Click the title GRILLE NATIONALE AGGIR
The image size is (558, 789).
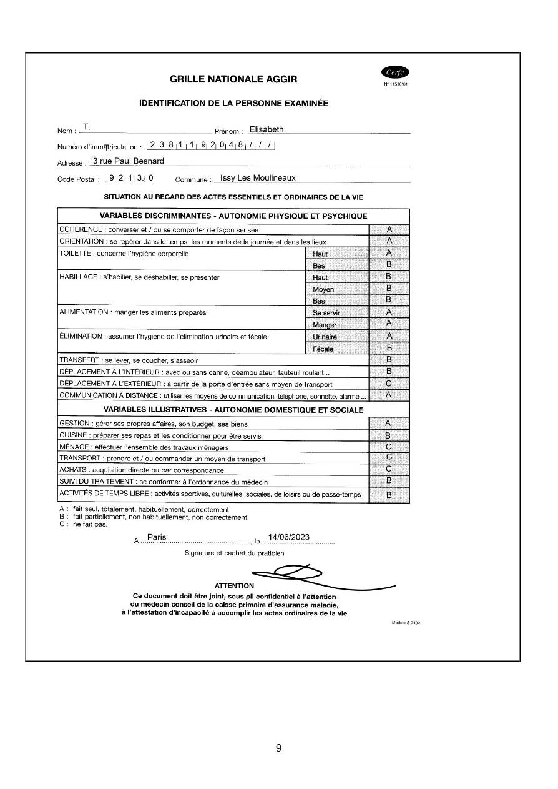pyautogui.click(x=233, y=79)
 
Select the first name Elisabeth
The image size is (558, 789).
pyautogui.click(x=267, y=130)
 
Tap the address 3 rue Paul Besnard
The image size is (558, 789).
pyautogui.click(x=128, y=161)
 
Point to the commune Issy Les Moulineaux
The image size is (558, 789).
pyautogui.click(x=258, y=178)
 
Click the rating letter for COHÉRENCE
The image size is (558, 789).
pyautogui.click(x=389, y=229)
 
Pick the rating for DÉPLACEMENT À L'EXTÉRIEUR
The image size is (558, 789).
pyautogui.click(x=389, y=384)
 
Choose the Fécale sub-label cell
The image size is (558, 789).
pyautogui.click(x=323, y=349)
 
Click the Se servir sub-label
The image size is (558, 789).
pyautogui.click(x=326, y=312)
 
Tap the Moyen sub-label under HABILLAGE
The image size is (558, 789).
pyautogui.click(x=323, y=289)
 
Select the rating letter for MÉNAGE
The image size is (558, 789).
pyautogui.click(x=389, y=447)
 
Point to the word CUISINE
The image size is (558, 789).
pyautogui.click(x=73, y=435)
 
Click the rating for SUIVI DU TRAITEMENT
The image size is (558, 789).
pyautogui.click(x=389, y=480)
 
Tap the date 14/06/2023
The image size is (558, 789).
pyautogui.click(x=288, y=538)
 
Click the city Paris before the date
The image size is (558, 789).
pyautogui.click(x=157, y=538)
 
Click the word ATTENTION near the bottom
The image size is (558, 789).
pyautogui.click(x=234, y=586)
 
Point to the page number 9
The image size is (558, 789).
pyautogui.click(x=278, y=748)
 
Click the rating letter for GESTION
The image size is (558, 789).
pyautogui.click(x=389, y=424)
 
